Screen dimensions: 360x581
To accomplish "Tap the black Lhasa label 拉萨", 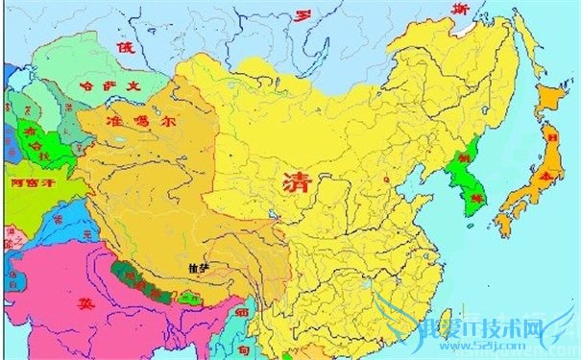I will (x=199, y=267).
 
